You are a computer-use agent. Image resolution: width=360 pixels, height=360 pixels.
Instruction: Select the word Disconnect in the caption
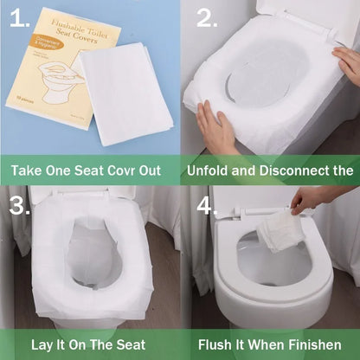(295, 169)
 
